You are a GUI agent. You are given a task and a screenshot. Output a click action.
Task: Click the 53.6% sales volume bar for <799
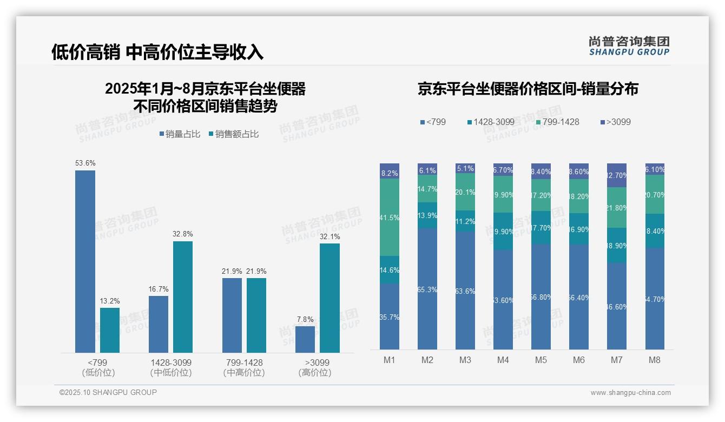85,261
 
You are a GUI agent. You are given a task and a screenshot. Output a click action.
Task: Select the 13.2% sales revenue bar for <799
110,330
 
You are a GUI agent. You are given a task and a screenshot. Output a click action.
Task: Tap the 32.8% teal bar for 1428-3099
183,296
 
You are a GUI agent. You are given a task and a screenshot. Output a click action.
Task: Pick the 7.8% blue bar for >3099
305,339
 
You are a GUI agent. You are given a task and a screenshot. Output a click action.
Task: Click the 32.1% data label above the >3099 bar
329,236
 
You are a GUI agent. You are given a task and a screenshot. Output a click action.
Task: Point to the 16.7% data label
159,289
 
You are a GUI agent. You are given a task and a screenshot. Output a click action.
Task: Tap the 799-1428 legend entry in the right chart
557,122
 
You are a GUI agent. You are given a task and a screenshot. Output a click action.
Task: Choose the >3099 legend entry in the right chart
615,122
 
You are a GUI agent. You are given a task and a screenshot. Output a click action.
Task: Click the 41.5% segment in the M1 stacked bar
390,217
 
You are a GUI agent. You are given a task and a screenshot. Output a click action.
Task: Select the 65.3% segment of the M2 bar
427,289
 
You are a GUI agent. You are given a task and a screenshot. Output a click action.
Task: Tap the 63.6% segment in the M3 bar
465,291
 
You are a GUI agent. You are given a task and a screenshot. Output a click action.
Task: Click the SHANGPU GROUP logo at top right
629,46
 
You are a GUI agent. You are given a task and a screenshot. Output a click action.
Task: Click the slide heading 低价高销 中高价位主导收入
157,52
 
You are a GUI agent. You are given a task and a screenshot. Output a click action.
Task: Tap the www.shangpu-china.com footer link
630,393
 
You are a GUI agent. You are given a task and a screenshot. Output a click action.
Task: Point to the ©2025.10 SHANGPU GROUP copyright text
108,392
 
